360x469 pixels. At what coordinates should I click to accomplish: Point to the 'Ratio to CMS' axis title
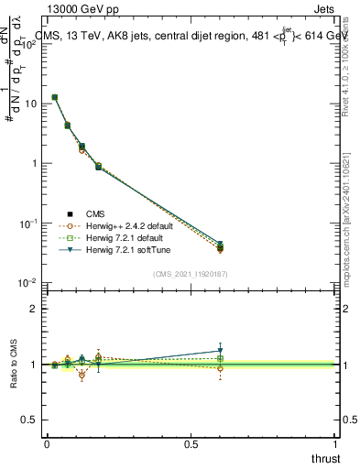coord(14,365)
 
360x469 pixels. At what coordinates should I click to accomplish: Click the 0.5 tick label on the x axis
coord(191,444)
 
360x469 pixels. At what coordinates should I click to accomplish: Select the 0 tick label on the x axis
coord(46,444)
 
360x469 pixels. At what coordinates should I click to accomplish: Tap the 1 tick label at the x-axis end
coord(335,444)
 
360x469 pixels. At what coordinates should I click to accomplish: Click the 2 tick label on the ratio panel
coord(34,309)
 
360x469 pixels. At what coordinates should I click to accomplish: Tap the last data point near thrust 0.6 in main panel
coord(220,246)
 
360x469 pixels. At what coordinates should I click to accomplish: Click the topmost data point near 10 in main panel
coord(55,97)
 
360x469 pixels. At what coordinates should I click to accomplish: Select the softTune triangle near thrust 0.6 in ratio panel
coord(220,351)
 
